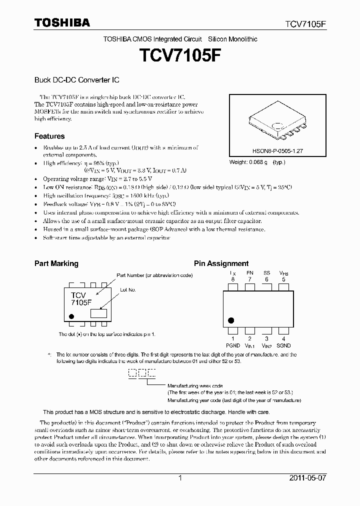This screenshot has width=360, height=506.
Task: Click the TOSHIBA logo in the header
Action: click(x=62, y=22)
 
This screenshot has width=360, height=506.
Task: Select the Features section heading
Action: click(x=49, y=136)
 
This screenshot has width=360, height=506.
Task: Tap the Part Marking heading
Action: click(x=56, y=263)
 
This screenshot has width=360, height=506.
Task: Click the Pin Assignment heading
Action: click(x=221, y=263)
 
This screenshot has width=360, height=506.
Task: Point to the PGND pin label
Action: click(x=233, y=345)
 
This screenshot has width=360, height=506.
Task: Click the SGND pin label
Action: click(x=283, y=345)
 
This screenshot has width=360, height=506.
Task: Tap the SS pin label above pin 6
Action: click(x=266, y=273)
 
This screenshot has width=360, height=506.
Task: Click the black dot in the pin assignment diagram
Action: click(x=231, y=320)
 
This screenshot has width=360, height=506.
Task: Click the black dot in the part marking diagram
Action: click(x=71, y=316)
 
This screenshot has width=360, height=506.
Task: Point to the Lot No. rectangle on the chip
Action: click(x=98, y=313)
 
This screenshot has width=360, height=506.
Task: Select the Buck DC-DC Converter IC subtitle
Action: click(x=76, y=79)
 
